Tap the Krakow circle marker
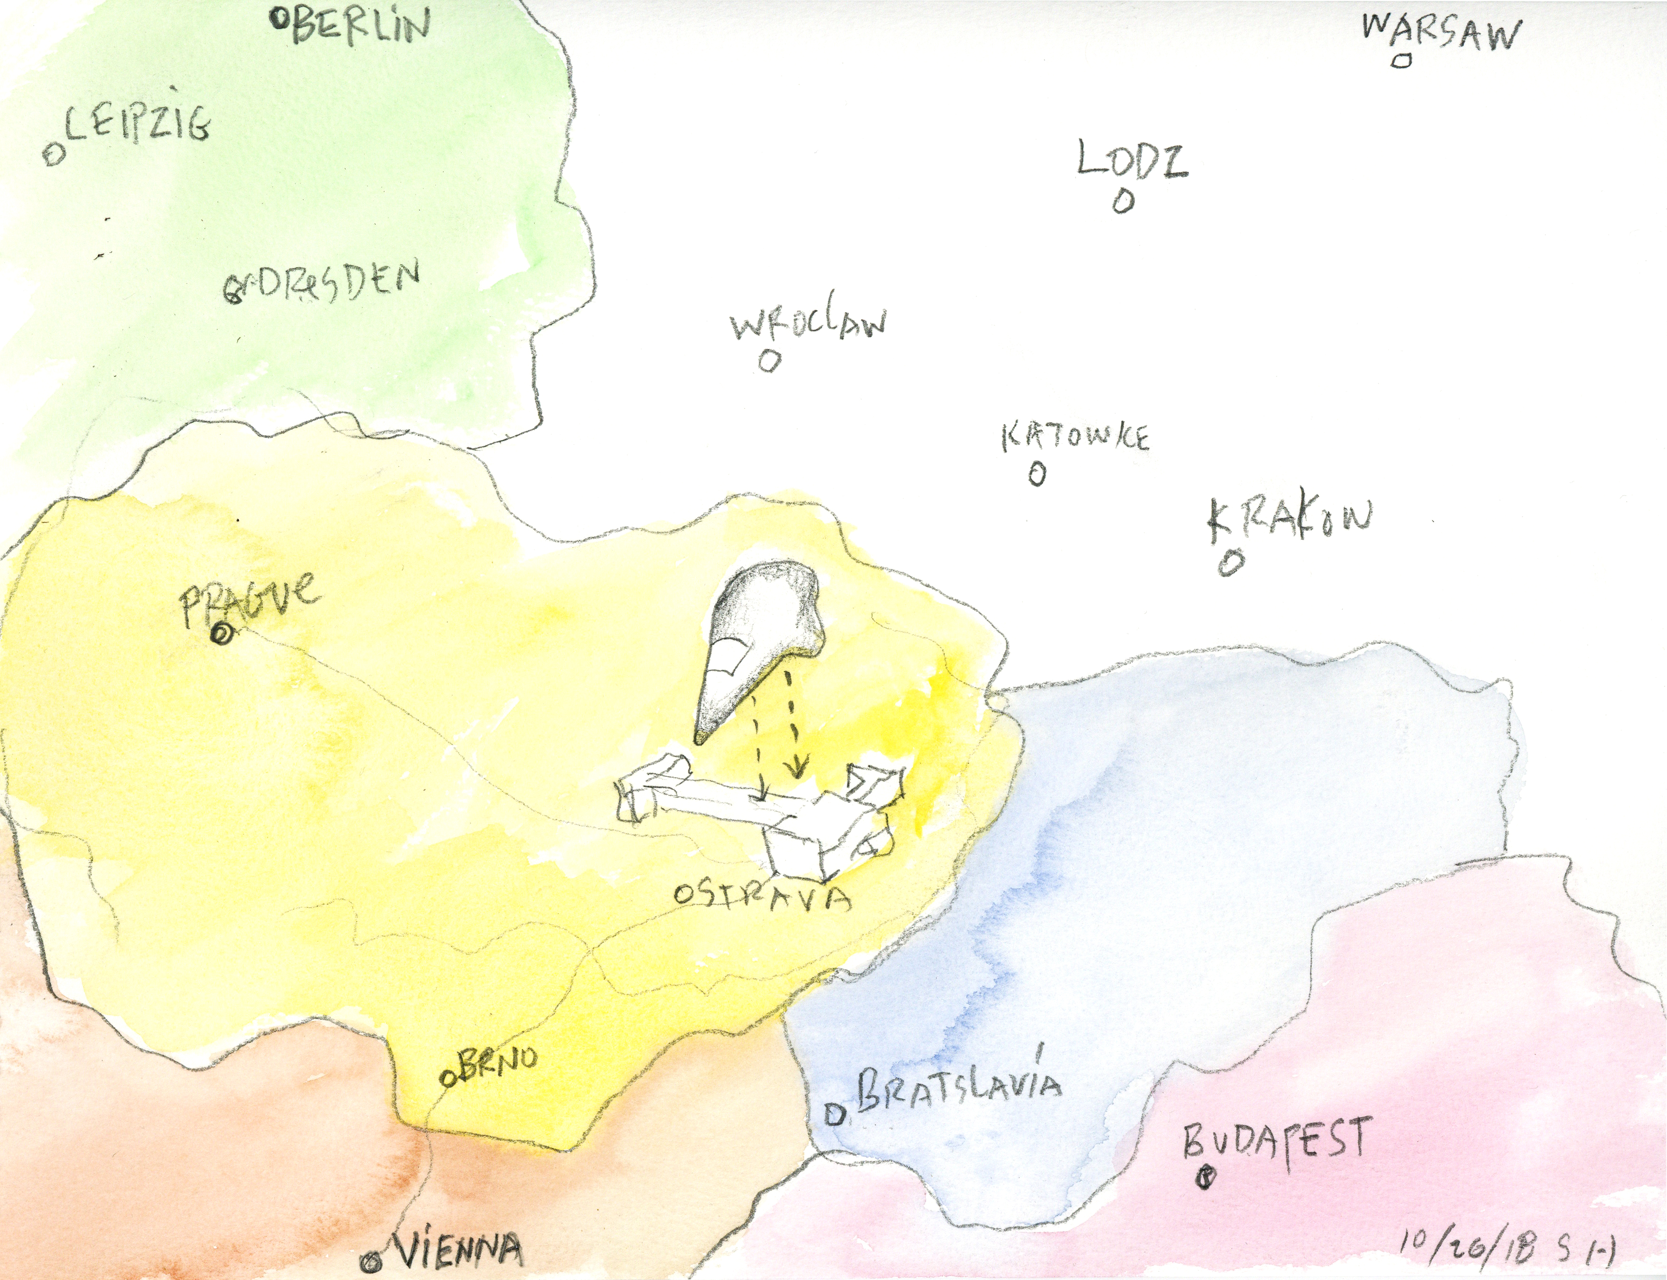(x=1230, y=563)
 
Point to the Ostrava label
(x=762, y=897)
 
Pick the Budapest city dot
(x=1205, y=1179)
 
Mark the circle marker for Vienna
(x=373, y=1261)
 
